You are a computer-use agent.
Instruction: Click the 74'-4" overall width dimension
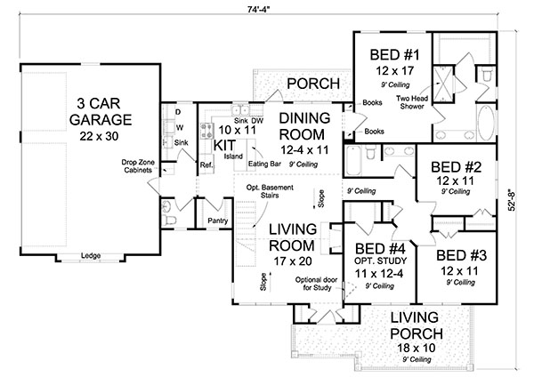[258, 9]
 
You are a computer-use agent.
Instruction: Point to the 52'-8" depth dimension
[512, 200]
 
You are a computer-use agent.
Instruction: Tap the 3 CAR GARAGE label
[100, 111]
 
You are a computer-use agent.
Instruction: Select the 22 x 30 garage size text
[99, 136]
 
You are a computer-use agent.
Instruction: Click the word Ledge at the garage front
[91, 255]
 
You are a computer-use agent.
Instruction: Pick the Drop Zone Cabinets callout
[138, 166]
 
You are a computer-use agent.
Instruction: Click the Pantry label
[218, 221]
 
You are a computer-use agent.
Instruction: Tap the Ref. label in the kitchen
[206, 165]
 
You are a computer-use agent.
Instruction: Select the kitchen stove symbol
[206, 132]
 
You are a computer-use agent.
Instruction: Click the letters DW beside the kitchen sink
[257, 121]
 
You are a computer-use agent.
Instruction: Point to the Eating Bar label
[264, 164]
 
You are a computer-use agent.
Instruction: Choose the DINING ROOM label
[304, 126]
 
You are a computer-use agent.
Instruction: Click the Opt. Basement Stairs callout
[270, 191]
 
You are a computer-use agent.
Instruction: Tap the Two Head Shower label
[412, 102]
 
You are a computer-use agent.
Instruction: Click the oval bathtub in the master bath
[485, 123]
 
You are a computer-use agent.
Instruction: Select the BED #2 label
[456, 167]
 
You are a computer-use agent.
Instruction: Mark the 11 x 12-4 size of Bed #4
[379, 274]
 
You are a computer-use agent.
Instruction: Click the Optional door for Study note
[317, 284]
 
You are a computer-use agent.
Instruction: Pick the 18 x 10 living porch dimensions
[417, 348]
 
